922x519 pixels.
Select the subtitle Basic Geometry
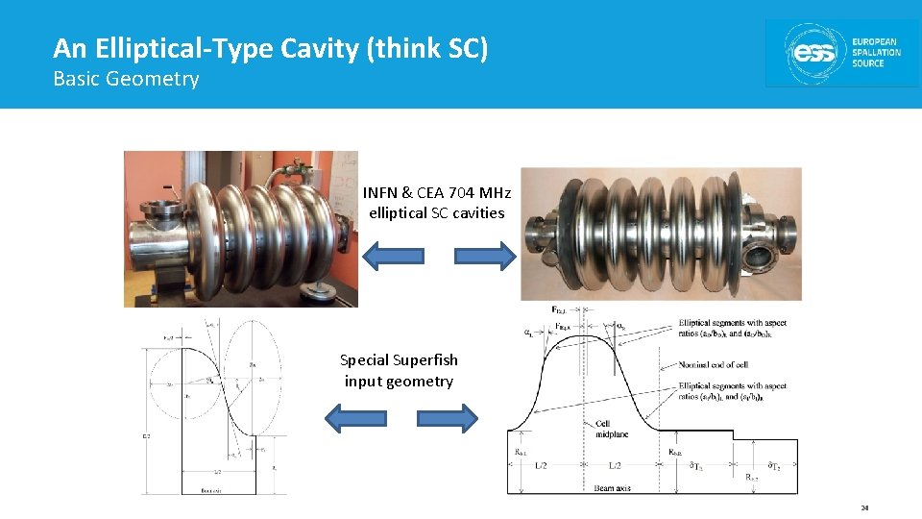tap(126, 79)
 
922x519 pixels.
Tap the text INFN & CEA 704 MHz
tap(437, 192)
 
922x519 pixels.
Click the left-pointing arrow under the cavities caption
tap(392, 256)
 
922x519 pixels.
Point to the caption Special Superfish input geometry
tap(399, 370)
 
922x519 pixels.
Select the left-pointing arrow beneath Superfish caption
tap(354, 417)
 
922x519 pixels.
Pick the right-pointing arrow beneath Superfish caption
tap(447, 417)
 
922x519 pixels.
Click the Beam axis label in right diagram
tap(611, 488)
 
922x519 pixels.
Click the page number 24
tap(864, 507)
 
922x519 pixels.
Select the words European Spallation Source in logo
tap(875, 53)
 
